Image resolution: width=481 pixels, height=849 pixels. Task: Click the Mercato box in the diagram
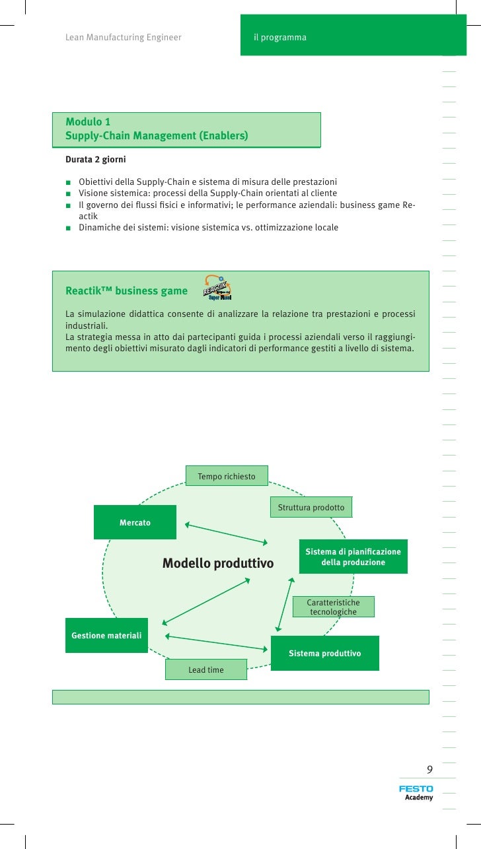(135, 522)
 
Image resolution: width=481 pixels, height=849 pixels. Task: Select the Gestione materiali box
(106, 635)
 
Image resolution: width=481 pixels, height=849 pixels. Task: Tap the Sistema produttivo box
(324, 653)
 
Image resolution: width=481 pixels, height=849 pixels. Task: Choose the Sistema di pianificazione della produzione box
(353, 557)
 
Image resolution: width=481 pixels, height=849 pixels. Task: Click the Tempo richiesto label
(227, 476)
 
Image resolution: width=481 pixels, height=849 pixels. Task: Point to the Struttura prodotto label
(311, 507)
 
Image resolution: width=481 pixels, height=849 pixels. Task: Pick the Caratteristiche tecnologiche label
(333, 607)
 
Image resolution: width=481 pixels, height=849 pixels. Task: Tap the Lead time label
(205, 669)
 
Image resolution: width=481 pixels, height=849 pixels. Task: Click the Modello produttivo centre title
(218, 563)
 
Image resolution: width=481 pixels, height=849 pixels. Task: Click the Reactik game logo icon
(217, 289)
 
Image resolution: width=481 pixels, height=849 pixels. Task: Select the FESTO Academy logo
(416, 792)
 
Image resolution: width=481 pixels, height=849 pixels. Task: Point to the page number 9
(429, 769)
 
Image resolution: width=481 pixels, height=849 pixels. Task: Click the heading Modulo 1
(88, 121)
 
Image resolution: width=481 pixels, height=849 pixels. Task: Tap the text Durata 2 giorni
(95, 160)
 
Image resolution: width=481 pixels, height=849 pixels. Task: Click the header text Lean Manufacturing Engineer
(123, 38)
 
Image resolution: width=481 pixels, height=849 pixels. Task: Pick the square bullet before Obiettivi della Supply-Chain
(68, 182)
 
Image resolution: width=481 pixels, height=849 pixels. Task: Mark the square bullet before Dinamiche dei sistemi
(68, 228)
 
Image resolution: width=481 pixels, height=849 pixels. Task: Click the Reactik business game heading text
(126, 291)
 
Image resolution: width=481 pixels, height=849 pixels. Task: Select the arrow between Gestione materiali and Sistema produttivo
(217, 642)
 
